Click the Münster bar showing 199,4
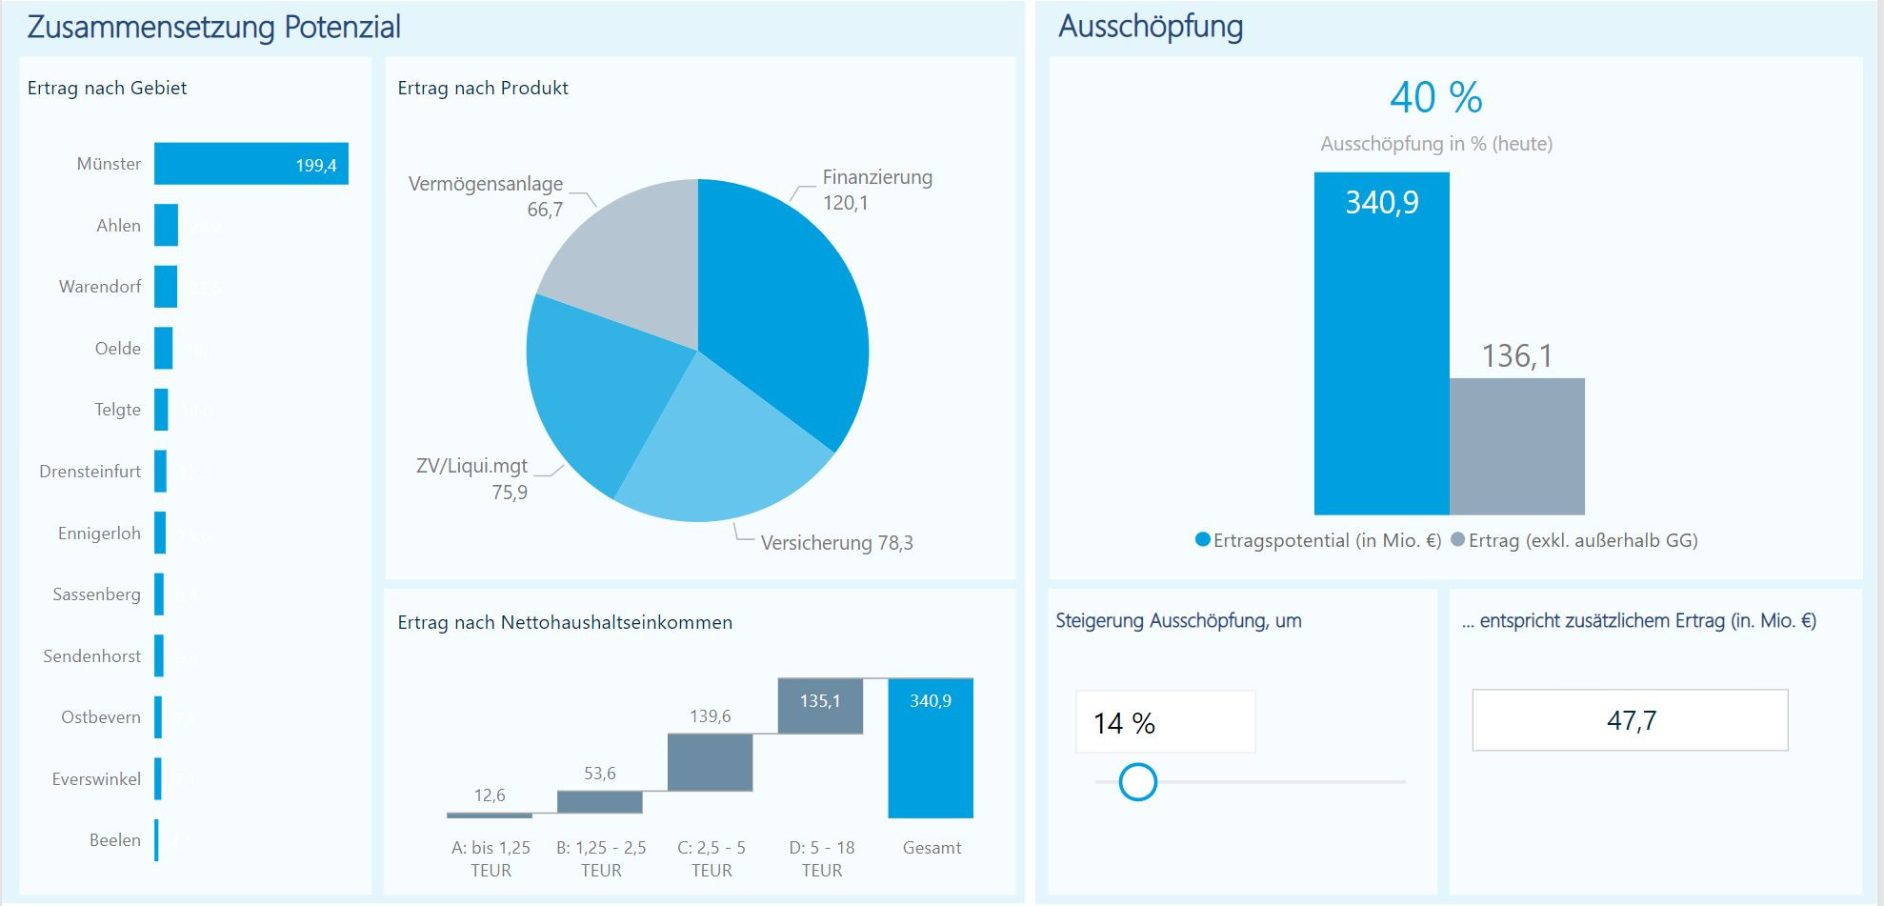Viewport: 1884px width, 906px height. [251, 164]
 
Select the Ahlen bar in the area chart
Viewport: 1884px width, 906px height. [166, 226]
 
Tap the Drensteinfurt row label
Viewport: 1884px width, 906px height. [90, 472]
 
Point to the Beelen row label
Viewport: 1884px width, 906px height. [114, 840]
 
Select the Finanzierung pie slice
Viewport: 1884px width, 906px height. [781, 314]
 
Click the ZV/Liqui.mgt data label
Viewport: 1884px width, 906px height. [473, 478]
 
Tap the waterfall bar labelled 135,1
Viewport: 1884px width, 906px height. [820, 706]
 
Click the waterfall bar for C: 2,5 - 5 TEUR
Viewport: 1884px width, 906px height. [710, 762]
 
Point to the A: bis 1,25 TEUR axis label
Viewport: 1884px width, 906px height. [491, 858]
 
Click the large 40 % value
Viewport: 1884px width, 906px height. [1435, 97]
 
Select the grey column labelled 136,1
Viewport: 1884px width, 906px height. [1516, 446]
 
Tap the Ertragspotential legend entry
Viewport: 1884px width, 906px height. [1318, 540]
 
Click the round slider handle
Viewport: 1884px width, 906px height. [1137, 782]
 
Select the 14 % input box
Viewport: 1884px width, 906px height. [1165, 722]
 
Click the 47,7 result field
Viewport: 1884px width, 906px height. [1630, 720]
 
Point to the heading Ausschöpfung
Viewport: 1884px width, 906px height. [1151, 27]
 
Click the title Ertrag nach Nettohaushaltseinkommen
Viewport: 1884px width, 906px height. [565, 622]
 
